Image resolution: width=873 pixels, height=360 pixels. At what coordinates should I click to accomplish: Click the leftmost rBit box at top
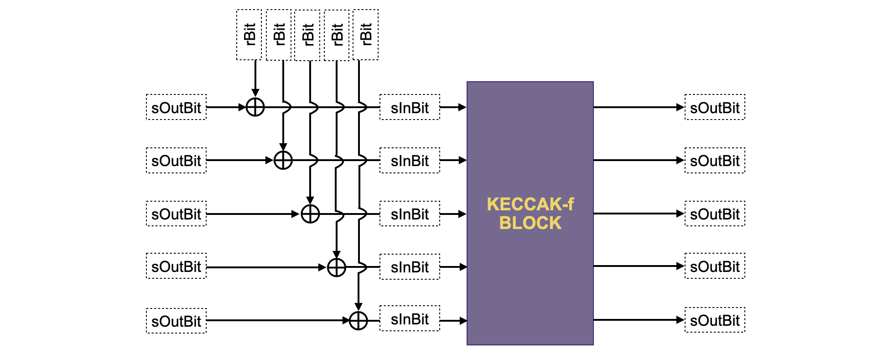pos(249,35)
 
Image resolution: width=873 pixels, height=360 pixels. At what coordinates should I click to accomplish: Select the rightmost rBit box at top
pos(366,35)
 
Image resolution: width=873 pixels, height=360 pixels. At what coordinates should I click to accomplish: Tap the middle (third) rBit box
pos(307,35)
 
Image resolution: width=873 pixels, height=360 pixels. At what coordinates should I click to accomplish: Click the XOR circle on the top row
pos(255,107)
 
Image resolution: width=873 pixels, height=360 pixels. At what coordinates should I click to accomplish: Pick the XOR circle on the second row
pos(283,160)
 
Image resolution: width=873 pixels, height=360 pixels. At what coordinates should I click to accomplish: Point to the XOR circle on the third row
pos(310,214)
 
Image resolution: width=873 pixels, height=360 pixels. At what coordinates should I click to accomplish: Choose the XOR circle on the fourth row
pos(337,267)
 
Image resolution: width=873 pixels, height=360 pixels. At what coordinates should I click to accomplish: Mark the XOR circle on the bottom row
pos(359,321)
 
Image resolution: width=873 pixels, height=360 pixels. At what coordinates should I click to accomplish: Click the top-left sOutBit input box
pos(176,107)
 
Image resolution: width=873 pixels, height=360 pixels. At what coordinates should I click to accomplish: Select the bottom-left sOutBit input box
pos(176,321)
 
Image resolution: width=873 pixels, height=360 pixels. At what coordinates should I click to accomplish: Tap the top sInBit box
pos(410,107)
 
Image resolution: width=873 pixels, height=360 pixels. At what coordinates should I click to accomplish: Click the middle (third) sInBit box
pos(410,214)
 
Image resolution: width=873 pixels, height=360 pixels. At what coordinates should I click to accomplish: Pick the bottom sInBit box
pos(410,318)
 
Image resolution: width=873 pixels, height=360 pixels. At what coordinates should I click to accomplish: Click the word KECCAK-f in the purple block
pos(530,204)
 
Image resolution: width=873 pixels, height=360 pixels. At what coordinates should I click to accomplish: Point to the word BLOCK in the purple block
pos(530,223)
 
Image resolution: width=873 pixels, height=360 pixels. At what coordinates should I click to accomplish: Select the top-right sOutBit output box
pos(715,107)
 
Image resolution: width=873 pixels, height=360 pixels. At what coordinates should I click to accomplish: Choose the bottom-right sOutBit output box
pos(715,320)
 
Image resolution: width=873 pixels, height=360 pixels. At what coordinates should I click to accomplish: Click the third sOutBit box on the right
pos(715,214)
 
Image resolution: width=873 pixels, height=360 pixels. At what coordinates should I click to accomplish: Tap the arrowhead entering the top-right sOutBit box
pos(680,107)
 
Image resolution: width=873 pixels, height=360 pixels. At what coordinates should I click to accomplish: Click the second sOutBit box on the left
pos(176,160)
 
